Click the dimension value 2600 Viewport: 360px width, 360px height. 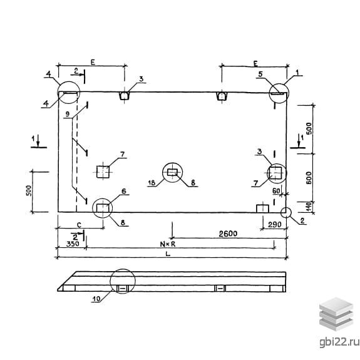[228, 234]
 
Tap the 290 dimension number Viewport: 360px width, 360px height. [275, 225]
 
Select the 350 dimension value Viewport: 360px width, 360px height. [73, 244]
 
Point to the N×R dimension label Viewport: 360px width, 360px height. [168, 244]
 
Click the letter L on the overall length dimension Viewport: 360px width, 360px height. [168, 254]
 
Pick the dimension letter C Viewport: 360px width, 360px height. [79, 225]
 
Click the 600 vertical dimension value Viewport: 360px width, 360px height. [309, 177]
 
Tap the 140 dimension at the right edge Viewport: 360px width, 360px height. [309, 207]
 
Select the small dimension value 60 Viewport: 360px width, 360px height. [276, 191]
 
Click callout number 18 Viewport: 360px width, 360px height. [152, 183]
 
